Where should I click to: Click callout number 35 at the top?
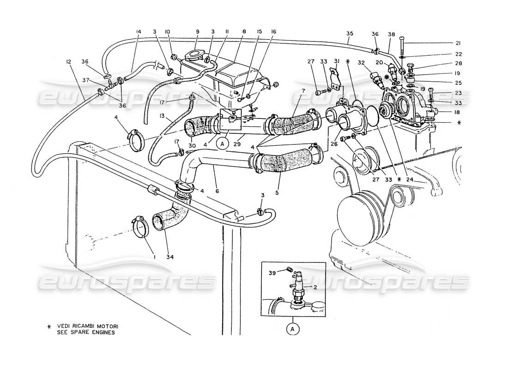pos(350,33)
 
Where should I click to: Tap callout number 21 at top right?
pos(458,44)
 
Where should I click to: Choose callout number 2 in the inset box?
pos(315,286)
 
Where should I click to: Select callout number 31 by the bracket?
pos(337,61)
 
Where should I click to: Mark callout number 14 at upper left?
pos(138,32)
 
